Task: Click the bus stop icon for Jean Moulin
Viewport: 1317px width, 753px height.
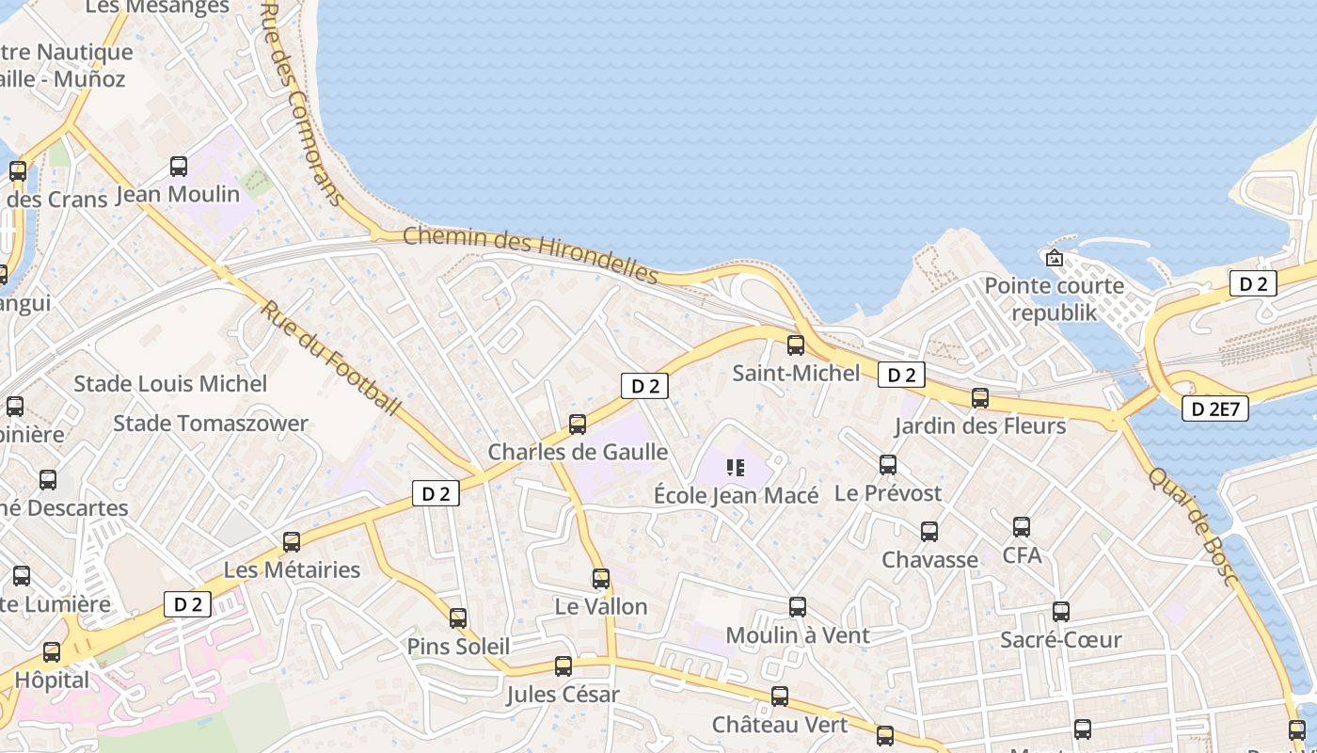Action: click(178, 168)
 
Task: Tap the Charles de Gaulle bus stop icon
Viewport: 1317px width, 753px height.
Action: click(578, 425)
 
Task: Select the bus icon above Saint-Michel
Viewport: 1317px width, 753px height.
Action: click(796, 345)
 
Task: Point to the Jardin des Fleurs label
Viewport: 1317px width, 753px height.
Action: click(979, 426)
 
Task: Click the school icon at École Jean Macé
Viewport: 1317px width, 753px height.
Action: click(736, 467)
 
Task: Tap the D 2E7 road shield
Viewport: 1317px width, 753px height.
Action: click(1214, 409)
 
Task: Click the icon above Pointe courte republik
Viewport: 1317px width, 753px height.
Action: click(1054, 258)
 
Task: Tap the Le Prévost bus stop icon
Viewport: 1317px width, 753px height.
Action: click(887, 465)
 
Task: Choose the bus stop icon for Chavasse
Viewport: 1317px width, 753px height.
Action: click(929, 532)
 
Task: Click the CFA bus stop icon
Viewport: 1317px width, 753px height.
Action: click(1022, 527)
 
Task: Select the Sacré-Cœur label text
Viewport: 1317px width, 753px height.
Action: click(1060, 640)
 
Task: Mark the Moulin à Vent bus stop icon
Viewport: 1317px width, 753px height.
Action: click(798, 607)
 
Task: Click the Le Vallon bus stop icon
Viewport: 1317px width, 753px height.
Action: click(601, 579)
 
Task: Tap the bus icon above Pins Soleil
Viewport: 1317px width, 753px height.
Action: click(458, 618)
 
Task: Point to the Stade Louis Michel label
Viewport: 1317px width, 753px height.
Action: click(170, 384)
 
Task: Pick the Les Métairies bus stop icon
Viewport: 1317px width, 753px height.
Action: click(292, 542)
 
